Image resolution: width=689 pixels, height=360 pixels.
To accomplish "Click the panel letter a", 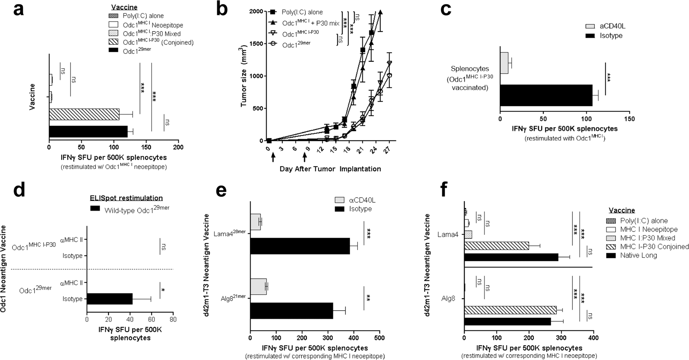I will tap(19, 9).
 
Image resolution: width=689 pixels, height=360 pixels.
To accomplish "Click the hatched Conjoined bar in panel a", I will tap(84, 114).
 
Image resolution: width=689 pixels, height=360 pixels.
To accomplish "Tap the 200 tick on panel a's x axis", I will tap(178, 147).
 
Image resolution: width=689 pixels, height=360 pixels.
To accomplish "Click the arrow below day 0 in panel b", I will tap(273, 157).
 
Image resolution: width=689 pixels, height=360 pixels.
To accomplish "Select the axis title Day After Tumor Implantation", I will tap(330, 169).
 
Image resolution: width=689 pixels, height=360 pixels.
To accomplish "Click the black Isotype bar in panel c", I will tap(546, 95).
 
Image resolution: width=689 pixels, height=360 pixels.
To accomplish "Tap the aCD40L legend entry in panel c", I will tap(609, 26).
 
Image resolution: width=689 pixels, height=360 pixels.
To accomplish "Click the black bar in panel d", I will tap(109, 299).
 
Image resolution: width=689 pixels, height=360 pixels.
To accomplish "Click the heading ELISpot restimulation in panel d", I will tap(126, 198).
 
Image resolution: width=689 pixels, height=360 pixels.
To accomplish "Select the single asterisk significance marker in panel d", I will tap(163, 290).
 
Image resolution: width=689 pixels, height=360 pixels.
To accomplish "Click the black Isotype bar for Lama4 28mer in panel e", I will tap(300, 246).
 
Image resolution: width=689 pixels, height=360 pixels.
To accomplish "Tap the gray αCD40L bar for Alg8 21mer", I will tap(258, 287).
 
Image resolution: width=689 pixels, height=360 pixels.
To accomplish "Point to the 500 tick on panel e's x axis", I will tap(379, 338).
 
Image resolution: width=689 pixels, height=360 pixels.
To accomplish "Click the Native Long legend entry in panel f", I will tap(638, 255).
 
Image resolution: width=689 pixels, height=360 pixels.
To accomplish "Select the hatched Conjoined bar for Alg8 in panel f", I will tap(510, 310).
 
